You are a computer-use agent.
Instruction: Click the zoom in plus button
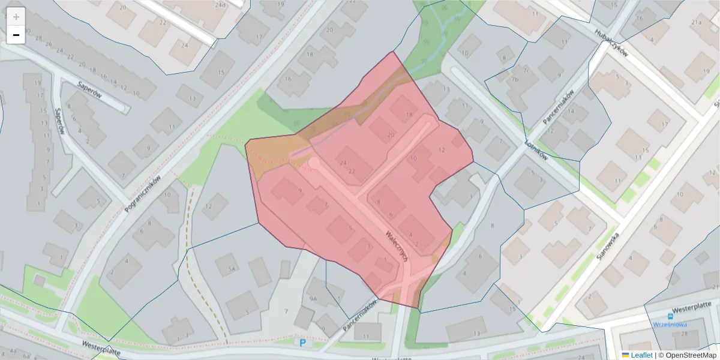(16, 17)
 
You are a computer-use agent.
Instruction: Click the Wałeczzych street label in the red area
(398, 245)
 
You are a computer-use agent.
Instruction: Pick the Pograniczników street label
(143, 194)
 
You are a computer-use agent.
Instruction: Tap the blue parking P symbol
(303, 343)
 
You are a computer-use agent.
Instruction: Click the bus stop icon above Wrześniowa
(670, 316)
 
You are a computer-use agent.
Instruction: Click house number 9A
(313, 298)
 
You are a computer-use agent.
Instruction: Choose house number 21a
(697, 22)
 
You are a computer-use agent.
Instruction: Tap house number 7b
(514, 79)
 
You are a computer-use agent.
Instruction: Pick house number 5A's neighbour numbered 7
(286, 311)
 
